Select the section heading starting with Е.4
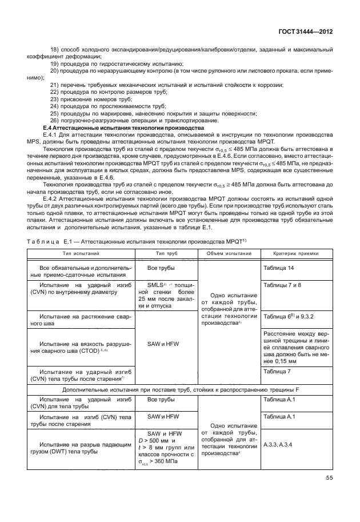[108, 126]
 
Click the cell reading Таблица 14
[278, 268]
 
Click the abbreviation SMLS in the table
[155, 285]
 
